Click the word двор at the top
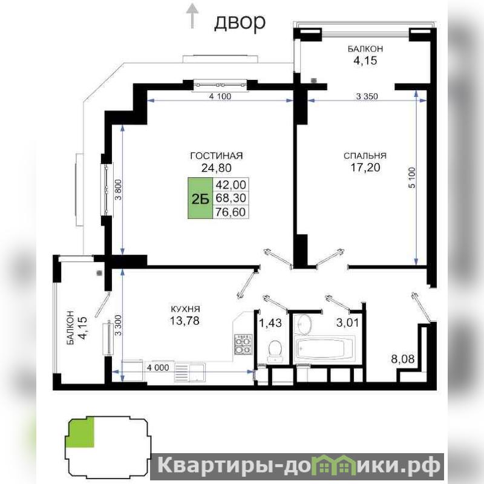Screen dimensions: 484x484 pos(240,23)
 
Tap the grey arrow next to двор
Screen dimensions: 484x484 pos(192,16)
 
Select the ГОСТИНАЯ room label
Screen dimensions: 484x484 pos(217,155)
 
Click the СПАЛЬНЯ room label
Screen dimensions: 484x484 pos(365,155)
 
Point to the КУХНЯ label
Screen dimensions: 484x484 pos(185,309)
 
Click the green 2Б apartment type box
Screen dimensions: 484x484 pos(200,198)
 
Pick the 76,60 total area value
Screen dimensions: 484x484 pos(231,212)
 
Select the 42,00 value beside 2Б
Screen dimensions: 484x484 pos(231,185)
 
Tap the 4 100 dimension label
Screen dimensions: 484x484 pos(220,96)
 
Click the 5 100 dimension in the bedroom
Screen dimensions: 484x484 pos(413,178)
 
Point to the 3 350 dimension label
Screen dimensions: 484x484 pos(367,96)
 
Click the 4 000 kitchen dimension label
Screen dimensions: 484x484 pos(158,368)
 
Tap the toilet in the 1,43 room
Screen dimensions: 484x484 pos(275,351)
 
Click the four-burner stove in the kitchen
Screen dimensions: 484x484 pos(243,344)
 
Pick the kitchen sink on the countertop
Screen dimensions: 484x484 pos(189,372)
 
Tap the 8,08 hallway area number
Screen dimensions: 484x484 pos(402,359)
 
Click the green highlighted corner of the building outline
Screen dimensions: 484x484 pos(81,433)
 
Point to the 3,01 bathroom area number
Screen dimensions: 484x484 pos(347,322)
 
